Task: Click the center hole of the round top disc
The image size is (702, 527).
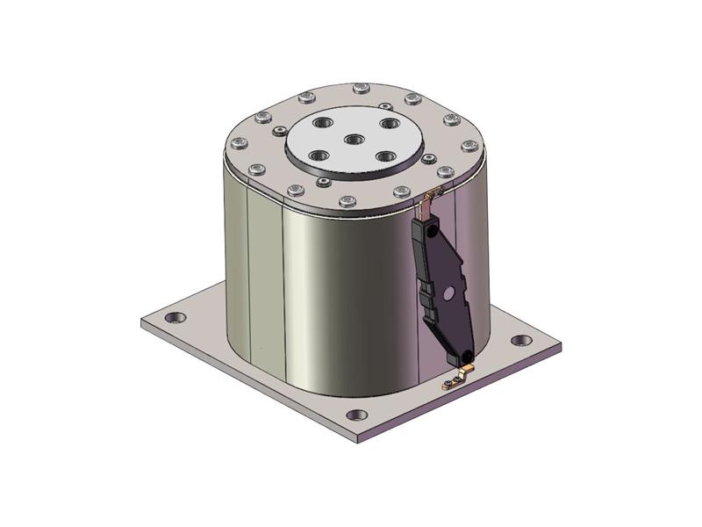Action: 353,139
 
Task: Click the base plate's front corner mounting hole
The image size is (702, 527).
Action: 355,415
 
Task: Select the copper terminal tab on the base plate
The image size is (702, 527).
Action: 453,381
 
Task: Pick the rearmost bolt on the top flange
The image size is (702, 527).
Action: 361,87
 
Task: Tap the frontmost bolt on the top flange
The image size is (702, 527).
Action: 347,201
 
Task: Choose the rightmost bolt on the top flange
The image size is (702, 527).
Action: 470,146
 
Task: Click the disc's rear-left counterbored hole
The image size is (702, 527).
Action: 319,122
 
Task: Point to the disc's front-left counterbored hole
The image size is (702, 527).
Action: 319,155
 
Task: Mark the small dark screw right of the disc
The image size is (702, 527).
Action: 428,159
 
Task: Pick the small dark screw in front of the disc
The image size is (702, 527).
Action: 324,183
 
